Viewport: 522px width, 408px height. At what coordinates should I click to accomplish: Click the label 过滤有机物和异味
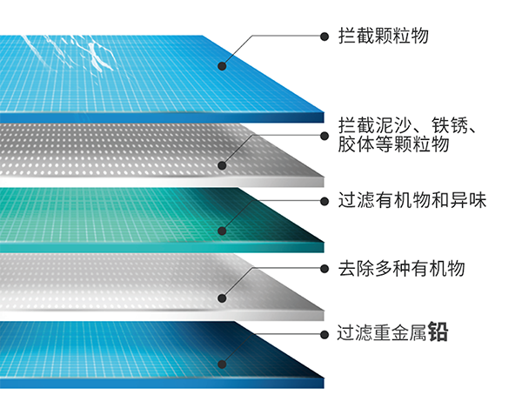click(412, 201)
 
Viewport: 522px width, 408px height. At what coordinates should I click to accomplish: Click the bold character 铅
click(438, 332)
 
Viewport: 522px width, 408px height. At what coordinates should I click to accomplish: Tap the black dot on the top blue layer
click(223, 65)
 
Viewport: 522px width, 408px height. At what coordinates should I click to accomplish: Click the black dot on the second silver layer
click(223, 165)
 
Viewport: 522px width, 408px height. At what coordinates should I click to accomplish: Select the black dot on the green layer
click(223, 231)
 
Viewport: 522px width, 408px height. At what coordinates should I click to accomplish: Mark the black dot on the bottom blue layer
click(223, 366)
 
